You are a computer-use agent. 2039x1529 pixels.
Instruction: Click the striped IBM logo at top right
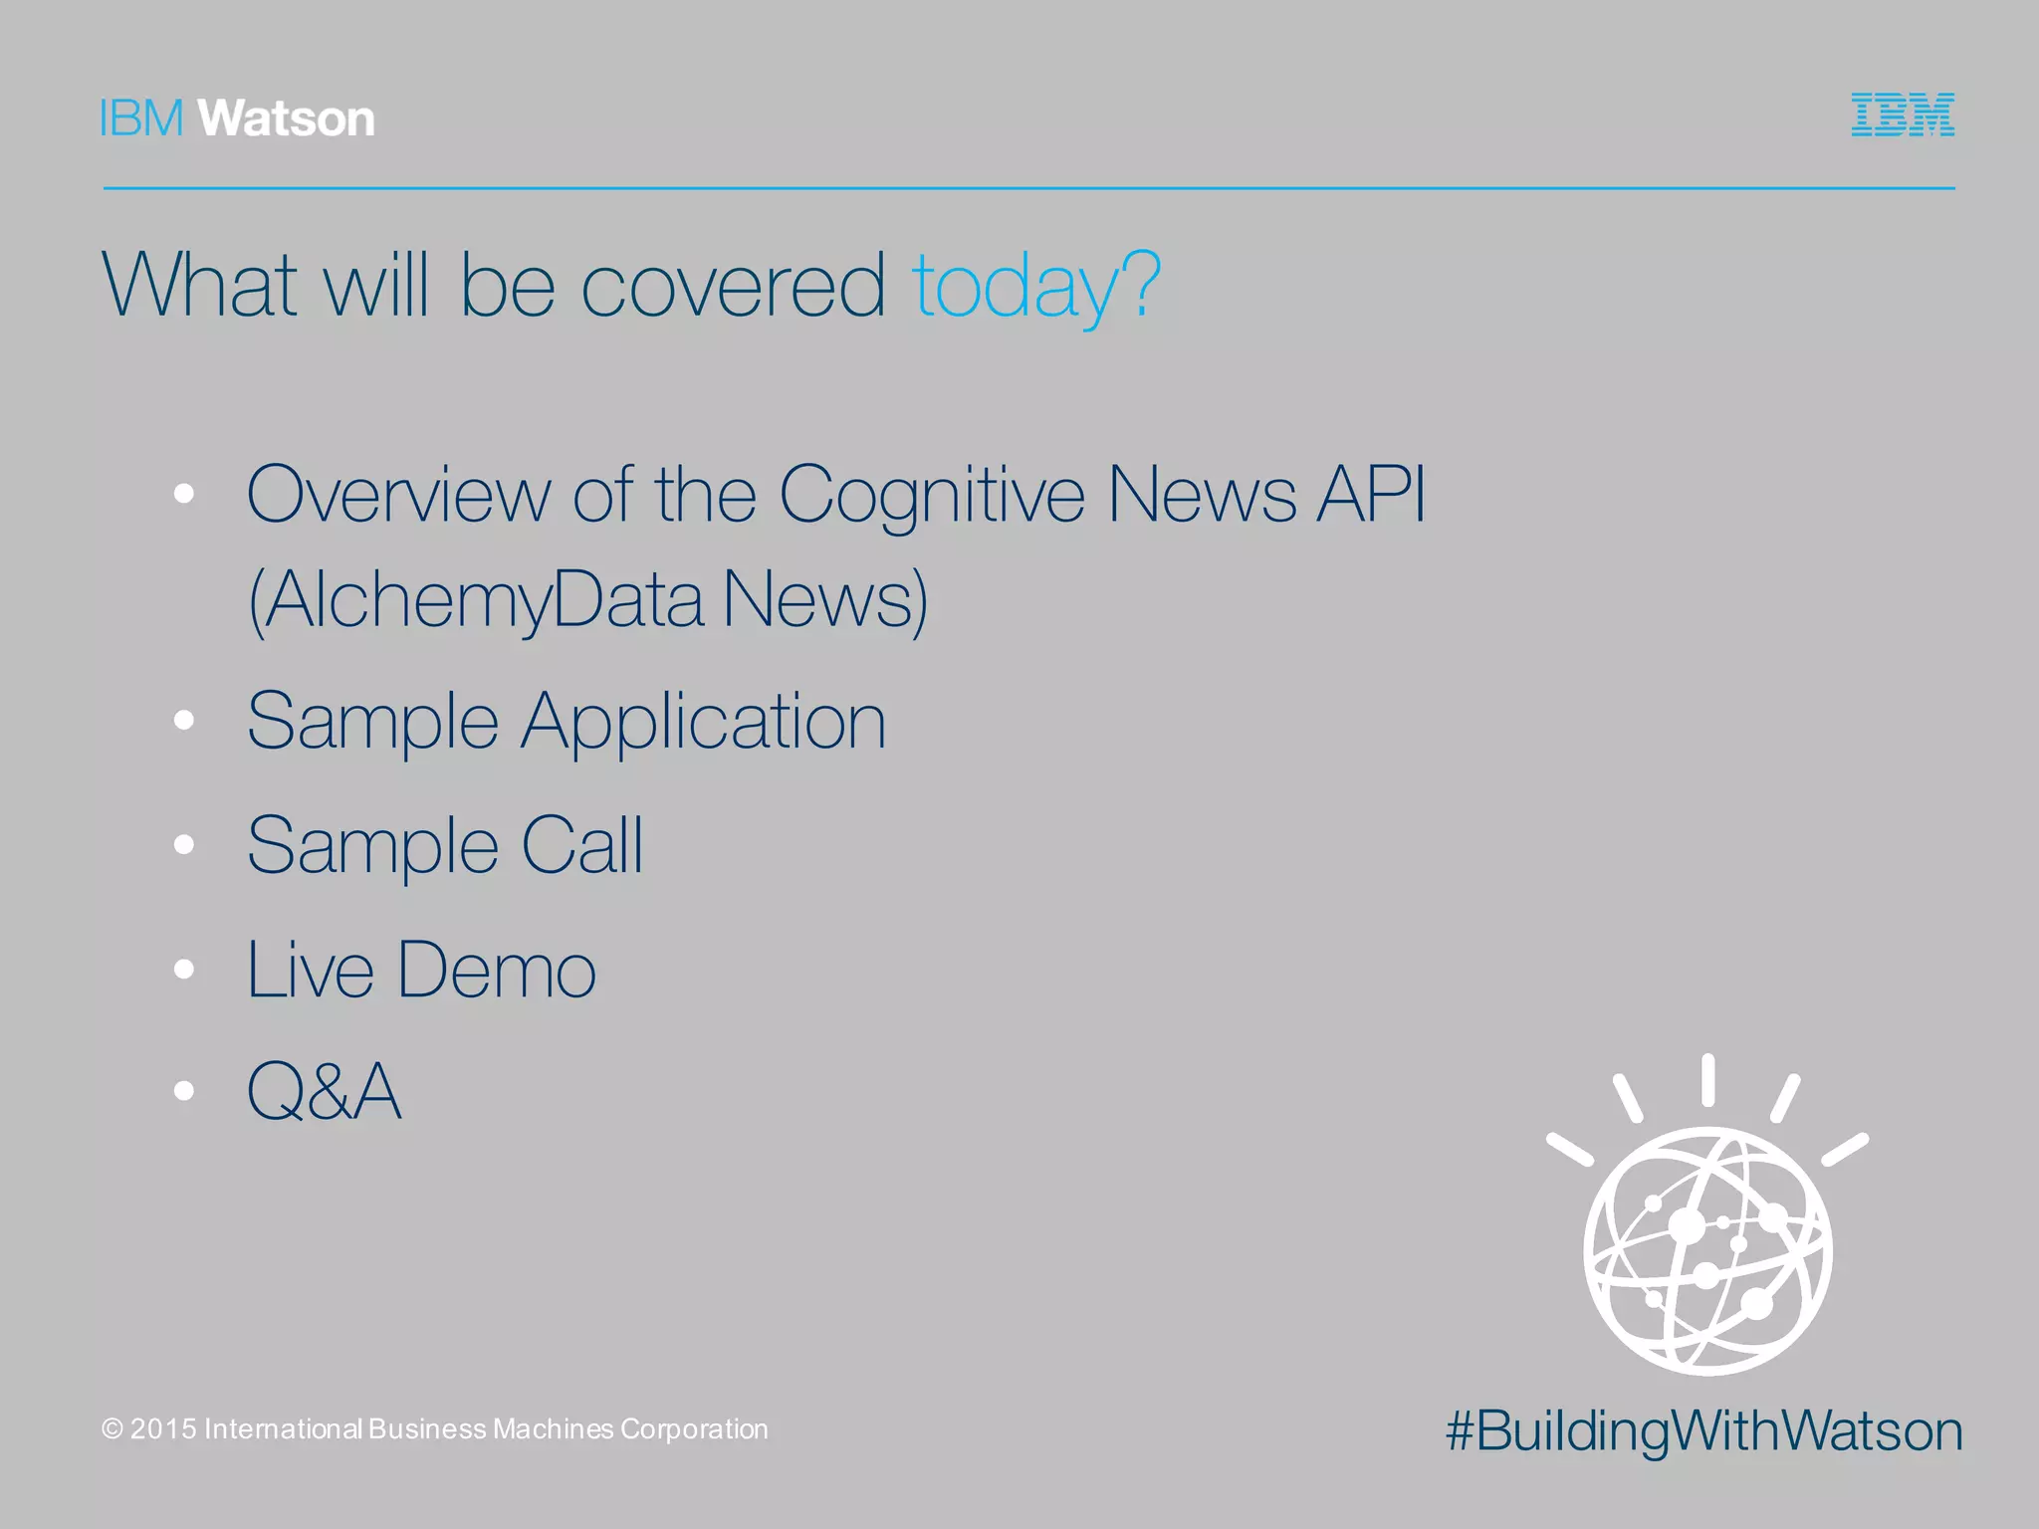[x=1903, y=114]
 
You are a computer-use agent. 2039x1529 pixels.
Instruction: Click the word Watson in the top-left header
[x=287, y=118]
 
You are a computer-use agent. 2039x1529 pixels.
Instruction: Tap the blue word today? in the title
[x=1036, y=286]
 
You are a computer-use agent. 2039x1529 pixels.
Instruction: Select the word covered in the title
[x=733, y=286]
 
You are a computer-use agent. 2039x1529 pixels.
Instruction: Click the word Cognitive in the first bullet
[x=932, y=495]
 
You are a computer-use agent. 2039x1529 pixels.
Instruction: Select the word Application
[x=704, y=722]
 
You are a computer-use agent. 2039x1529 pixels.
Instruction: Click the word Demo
[x=497, y=970]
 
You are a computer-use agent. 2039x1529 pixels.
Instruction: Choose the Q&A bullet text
[x=325, y=1091]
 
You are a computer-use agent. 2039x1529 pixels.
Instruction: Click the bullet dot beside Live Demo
[x=183, y=970]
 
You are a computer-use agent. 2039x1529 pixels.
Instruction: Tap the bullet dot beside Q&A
[x=183, y=1091]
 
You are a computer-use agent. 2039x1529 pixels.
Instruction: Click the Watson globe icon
[x=1707, y=1250]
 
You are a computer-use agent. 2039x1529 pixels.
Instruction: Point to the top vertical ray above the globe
[x=1707, y=1080]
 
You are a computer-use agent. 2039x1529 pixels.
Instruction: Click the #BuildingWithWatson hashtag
[x=1703, y=1431]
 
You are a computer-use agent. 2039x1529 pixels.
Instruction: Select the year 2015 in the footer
[x=163, y=1429]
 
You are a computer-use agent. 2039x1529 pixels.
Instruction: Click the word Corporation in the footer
[x=694, y=1429]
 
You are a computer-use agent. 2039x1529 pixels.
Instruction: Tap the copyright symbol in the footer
[x=113, y=1429]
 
